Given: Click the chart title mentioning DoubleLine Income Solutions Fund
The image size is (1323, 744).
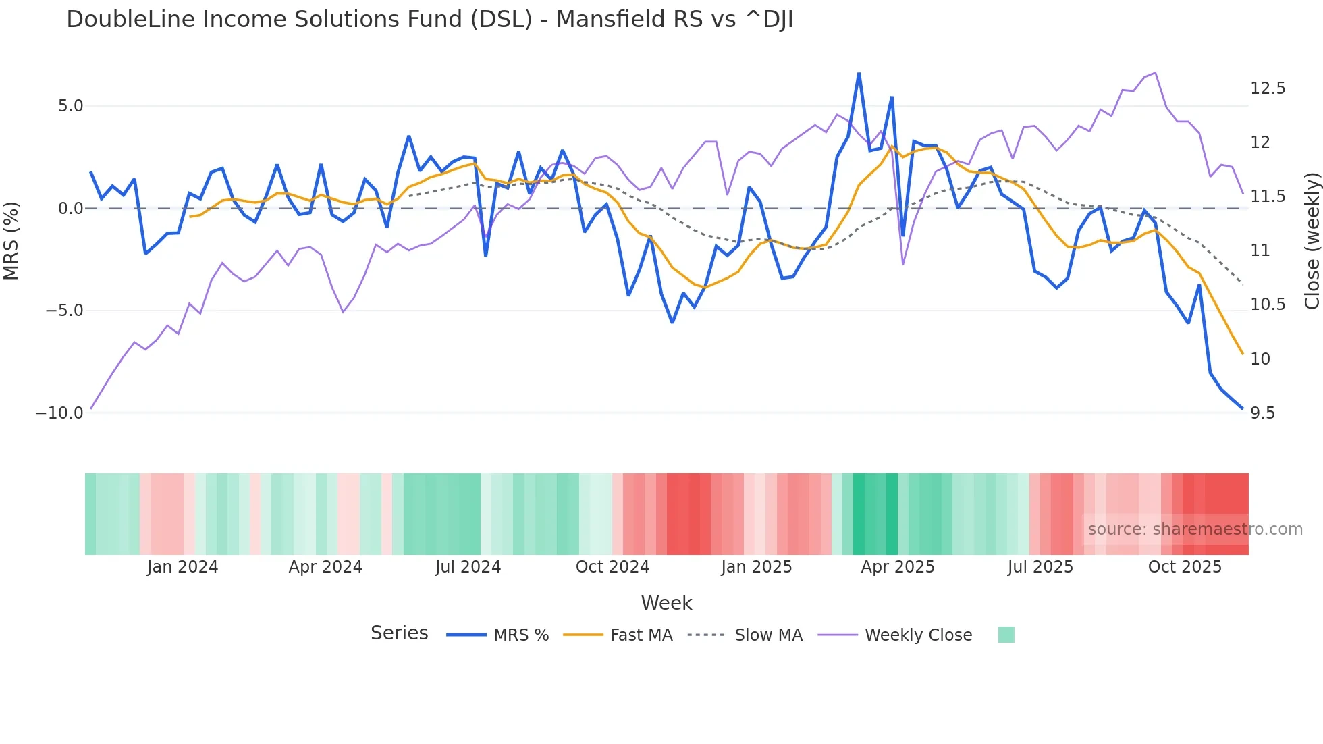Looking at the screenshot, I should pyautogui.click(x=429, y=20).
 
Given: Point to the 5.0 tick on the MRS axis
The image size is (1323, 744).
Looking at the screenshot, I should pyautogui.click(x=70, y=106).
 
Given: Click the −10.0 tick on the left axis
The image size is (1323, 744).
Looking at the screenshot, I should pyautogui.click(x=59, y=413).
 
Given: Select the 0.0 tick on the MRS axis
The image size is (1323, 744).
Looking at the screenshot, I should pyautogui.click(x=70, y=208).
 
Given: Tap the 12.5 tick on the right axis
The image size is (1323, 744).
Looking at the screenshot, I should pyautogui.click(x=1268, y=88).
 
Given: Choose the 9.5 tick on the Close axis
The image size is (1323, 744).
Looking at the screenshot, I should pyautogui.click(x=1262, y=413).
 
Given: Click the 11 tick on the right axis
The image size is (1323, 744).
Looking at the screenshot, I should pyautogui.click(x=1260, y=250).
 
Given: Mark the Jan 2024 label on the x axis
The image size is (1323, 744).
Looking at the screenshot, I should pyautogui.click(x=182, y=567).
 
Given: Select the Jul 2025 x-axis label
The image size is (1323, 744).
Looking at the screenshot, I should pyautogui.click(x=1040, y=567).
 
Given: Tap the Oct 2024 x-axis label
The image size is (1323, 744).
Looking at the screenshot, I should pyautogui.click(x=612, y=567).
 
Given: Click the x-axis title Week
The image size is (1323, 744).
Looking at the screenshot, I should pyautogui.click(x=666, y=603).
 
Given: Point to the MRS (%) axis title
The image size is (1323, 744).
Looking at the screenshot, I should pyautogui.click(x=11, y=240).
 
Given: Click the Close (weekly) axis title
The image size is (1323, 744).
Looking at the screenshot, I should pyautogui.click(x=1312, y=240).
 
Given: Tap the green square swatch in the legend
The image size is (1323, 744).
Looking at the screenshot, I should pyautogui.click(x=1006, y=635).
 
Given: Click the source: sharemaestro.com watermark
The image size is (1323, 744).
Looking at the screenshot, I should pyautogui.click(x=1195, y=529).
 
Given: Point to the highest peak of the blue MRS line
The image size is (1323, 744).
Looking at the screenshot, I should pyautogui.click(x=859, y=73).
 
